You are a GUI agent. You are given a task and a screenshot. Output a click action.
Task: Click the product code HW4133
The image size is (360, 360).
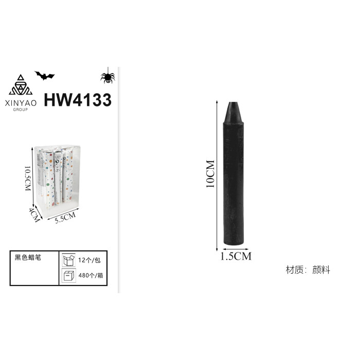[x=78, y=100]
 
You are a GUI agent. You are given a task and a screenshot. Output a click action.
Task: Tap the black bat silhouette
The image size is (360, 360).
[x=45, y=76]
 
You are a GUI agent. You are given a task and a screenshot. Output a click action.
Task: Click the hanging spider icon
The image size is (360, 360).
[x=107, y=76]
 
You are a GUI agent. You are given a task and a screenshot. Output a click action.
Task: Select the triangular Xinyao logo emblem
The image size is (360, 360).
[x=21, y=85]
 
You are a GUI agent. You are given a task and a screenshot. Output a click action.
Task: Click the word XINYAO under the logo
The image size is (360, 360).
[x=21, y=103]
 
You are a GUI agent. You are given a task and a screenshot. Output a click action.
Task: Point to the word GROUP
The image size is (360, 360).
[x=21, y=110]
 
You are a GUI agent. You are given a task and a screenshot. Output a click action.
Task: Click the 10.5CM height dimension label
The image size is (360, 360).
[x=28, y=178]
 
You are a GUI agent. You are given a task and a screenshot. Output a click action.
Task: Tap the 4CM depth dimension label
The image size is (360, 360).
[x=34, y=214]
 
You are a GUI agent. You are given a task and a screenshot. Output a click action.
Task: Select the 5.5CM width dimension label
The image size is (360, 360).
[x=65, y=218]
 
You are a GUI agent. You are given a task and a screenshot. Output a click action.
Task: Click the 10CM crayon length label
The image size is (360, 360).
[x=210, y=174]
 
